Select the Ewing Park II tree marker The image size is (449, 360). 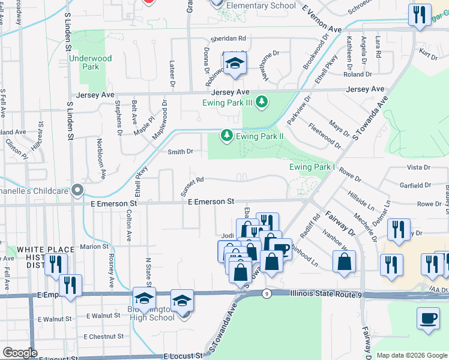[x=226, y=136]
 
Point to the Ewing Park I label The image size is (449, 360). [x=312, y=167]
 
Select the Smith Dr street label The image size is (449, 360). [x=180, y=152]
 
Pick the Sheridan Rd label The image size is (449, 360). [x=229, y=38]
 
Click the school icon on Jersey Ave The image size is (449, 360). [x=235, y=63]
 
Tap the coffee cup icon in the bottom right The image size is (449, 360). [x=428, y=317]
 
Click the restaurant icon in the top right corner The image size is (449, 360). [x=419, y=14]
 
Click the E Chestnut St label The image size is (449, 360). [x=103, y=337]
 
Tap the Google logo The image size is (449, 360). [x=20, y=353]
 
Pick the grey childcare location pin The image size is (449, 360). [x=77, y=191]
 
